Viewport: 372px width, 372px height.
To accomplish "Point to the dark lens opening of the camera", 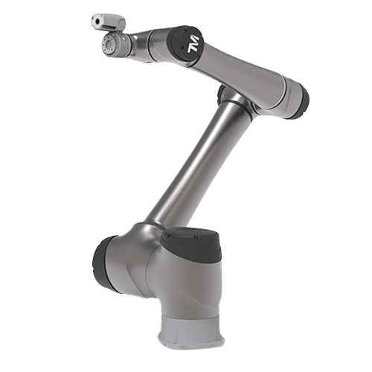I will [x=94, y=23].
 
